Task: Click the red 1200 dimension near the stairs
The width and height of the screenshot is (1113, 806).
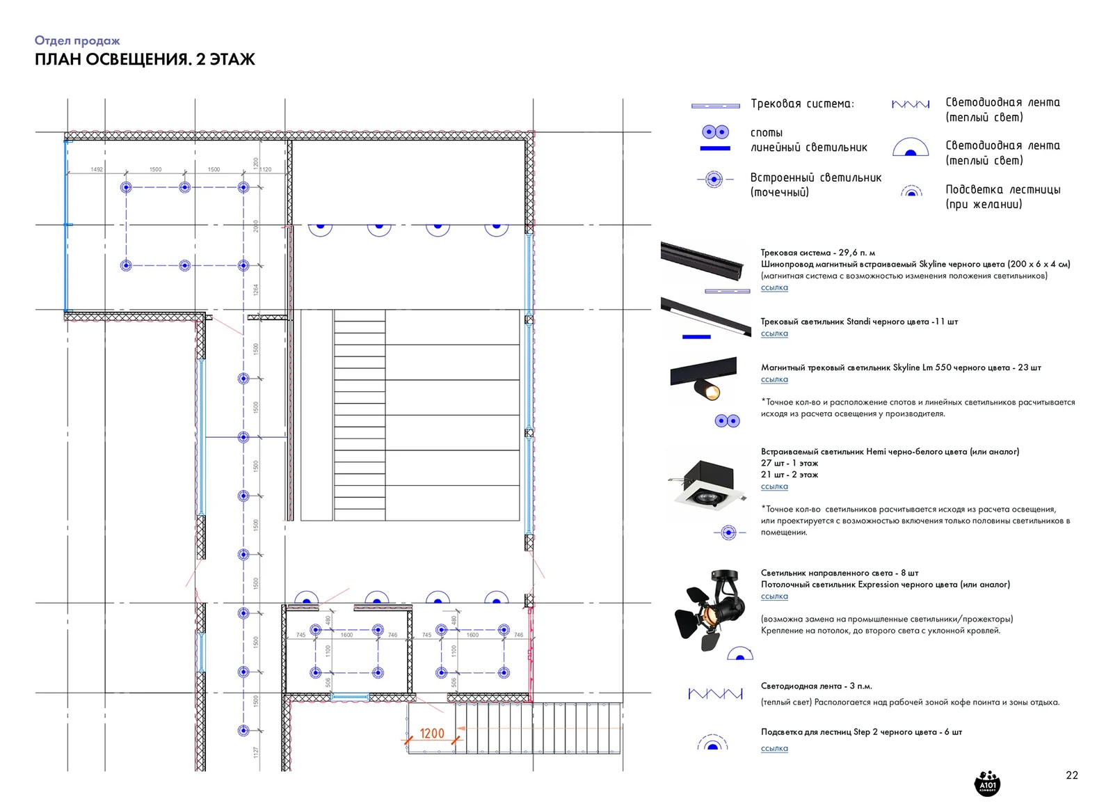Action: click(431, 733)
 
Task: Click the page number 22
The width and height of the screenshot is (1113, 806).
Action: click(1071, 775)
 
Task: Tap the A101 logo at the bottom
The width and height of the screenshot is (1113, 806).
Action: click(987, 782)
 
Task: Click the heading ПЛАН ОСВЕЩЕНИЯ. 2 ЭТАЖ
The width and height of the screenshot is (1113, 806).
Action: click(145, 59)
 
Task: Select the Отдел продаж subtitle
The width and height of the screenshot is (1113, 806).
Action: click(77, 40)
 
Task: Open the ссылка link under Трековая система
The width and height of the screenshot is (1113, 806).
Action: click(774, 287)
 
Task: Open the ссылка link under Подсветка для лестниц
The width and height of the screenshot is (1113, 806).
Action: click(774, 748)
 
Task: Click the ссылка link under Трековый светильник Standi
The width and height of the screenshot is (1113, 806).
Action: click(774, 333)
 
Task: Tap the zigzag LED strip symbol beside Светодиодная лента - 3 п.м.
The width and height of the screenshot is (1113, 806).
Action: click(715, 693)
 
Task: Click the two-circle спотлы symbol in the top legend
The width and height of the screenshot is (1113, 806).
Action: click(715, 132)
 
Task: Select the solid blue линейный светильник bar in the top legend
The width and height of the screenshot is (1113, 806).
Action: click(715, 148)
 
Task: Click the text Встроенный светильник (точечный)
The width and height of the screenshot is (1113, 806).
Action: click(815, 184)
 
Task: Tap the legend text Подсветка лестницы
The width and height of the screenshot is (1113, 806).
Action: click(1002, 189)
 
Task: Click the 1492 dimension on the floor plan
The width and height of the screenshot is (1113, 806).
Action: click(97, 169)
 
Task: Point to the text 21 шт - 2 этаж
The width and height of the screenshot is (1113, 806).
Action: click(789, 475)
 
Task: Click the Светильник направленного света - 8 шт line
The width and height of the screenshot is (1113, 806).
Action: click(839, 573)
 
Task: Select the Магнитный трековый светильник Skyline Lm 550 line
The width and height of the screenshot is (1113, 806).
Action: click(900, 368)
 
